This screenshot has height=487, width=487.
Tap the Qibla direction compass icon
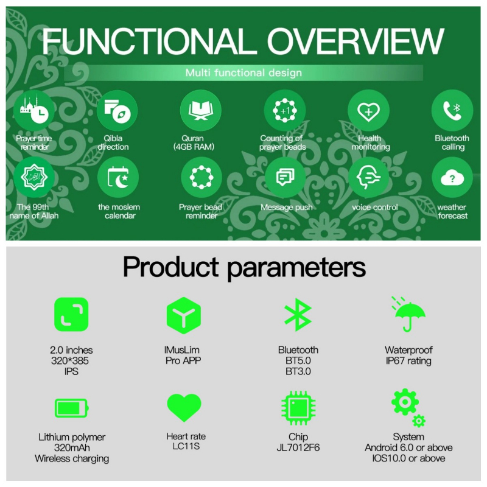117,111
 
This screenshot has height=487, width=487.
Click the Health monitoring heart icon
368,111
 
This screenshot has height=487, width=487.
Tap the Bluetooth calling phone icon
452,111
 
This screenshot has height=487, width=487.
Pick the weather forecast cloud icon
452,178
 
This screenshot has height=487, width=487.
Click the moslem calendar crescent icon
118,178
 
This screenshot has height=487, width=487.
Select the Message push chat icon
285,178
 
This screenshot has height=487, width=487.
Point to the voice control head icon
368,178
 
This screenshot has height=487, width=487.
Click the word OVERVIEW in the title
356,41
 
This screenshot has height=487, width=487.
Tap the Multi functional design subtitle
243,73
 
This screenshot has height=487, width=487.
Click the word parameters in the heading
296,268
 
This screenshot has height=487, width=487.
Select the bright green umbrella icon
408,314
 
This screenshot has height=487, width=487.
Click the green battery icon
72,408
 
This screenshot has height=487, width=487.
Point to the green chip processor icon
298,408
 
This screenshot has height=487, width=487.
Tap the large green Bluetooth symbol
298,315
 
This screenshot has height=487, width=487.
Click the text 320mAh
72,447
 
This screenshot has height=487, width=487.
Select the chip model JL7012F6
298,447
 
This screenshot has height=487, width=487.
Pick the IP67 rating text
408,361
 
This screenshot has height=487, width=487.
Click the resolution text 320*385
70,361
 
